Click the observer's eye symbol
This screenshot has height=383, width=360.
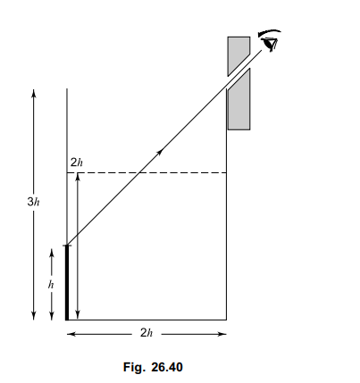coord(271,44)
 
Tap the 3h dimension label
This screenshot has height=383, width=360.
coord(33,202)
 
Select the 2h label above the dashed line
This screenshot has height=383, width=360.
coord(77,162)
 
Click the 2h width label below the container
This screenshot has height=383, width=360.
coord(147,333)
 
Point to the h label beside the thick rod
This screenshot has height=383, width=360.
coord(51,285)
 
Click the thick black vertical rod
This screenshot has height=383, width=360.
coord(67,283)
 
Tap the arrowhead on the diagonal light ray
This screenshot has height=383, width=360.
coord(161,152)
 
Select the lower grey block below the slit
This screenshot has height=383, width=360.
coord(239,101)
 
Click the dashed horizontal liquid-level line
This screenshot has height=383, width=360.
coord(147,172)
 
